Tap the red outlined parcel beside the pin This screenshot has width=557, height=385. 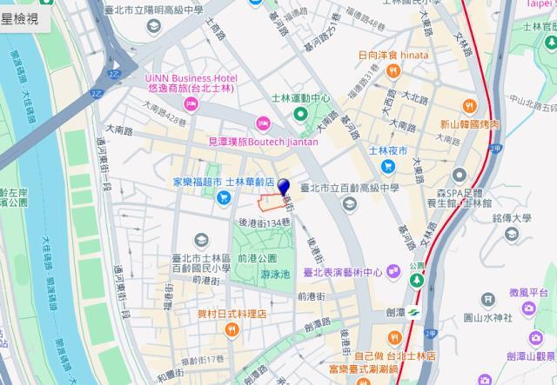pyautogui.click(x=275, y=202)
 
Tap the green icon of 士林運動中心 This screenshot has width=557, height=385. pyautogui.click(x=300, y=114)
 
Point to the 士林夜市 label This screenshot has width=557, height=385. pyautogui.click(x=388, y=150)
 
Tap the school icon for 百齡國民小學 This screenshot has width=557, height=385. pyautogui.click(x=201, y=239)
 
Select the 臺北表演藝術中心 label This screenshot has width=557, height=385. pyautogui.click(x=348, y=272)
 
